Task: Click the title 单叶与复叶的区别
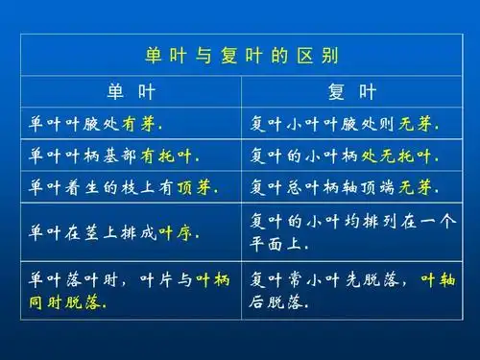coord(241,55)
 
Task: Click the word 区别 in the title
coord(323,55)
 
